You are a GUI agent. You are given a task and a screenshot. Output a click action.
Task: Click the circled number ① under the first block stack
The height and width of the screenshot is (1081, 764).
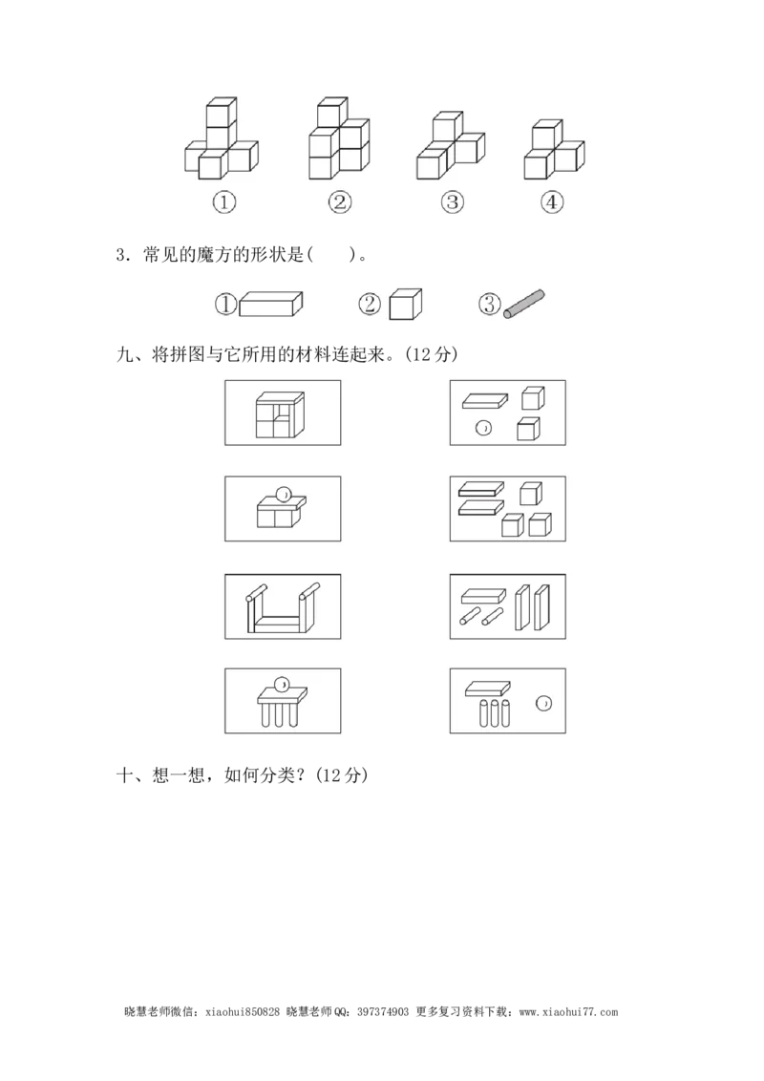tap(224, 202)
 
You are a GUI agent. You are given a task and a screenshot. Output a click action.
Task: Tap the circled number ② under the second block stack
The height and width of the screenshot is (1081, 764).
tap(339, 202)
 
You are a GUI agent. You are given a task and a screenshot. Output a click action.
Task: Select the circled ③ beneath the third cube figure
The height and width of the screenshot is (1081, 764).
tap(452, 202)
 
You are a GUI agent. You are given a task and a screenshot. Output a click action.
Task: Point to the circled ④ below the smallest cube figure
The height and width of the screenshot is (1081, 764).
tap(552, 202)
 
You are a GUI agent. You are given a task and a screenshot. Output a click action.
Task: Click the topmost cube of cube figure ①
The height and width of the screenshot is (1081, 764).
tap(222, 112)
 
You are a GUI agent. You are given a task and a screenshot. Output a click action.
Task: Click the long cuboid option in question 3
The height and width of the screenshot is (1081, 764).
tap(271, 304)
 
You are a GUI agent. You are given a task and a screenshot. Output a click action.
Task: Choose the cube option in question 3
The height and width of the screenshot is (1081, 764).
tap(405, 304)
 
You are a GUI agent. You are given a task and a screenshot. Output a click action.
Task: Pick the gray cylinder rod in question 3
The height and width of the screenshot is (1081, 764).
tap(524, 304)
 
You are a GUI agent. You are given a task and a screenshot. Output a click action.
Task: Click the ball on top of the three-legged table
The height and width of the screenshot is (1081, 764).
tap(282, 685)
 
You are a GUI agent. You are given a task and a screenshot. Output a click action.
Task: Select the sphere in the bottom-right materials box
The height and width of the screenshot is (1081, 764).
tap(543, 704)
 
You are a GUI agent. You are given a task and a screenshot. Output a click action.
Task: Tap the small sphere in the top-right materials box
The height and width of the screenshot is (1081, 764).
tap(483, 428)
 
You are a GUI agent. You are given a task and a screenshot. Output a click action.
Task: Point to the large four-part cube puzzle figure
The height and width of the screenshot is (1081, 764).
tap(280, 415)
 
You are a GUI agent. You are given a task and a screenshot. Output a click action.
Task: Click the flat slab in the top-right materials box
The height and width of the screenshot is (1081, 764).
tap(485, 400)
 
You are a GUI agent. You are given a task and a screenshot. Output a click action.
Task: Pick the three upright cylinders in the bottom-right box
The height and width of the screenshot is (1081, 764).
tap(495, 713)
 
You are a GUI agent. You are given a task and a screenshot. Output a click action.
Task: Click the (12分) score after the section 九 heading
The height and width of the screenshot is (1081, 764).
tap(432, 353)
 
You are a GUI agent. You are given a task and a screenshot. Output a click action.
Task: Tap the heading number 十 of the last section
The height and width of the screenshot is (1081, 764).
tap(124, 774)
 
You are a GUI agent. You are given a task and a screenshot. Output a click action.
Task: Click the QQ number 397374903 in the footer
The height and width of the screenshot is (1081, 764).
tap(383, 1012)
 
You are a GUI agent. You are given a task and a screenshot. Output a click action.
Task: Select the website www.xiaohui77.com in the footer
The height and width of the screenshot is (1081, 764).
tap(568, 1012)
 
